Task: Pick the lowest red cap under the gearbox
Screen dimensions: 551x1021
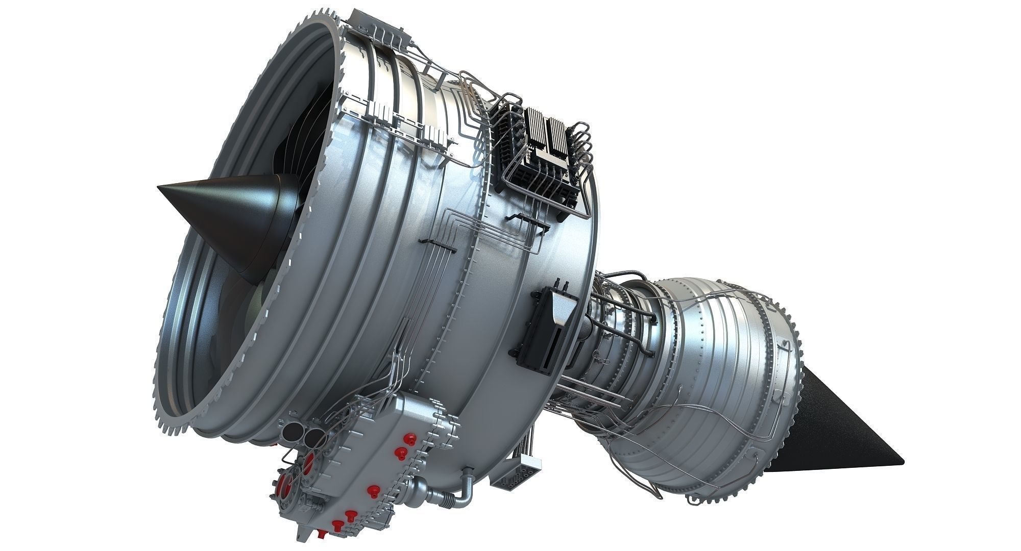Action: coord(337,525)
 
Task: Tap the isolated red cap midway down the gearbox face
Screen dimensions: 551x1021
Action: coord(371,490)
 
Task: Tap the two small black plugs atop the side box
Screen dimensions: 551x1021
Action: coord(561,283)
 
